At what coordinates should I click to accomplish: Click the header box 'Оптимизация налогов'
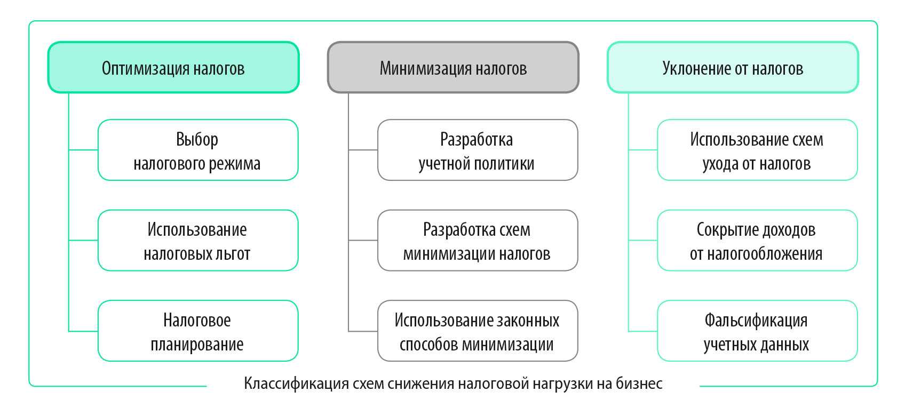173,68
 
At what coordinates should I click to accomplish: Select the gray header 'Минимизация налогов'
453,68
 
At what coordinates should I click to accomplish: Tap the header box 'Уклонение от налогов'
733,68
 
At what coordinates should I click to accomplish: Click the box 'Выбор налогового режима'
197,150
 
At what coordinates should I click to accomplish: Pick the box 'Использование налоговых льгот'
197,241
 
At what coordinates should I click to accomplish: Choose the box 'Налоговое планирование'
197,331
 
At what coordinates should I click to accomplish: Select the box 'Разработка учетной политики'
477,150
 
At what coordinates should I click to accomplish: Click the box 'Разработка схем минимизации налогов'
477,241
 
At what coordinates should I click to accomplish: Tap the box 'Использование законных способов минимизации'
477,331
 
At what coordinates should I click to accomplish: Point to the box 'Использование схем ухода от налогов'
757,150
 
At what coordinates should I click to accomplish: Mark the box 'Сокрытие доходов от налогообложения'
757,241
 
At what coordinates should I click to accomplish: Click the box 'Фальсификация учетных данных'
757,331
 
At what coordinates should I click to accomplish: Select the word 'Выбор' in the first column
197,140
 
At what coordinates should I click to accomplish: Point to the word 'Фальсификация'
756,321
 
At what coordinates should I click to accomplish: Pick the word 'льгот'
233,254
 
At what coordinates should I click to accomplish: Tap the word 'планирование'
197,345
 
